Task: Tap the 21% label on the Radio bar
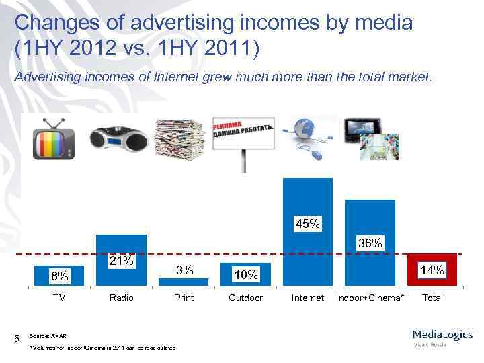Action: tap(122, 260)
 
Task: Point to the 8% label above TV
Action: tap(59, 276)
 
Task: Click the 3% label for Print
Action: tap(184, 270)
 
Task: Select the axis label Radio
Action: tap(122, 298)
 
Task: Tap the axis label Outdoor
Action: tap(245, 298)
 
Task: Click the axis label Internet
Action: tap(308, 298)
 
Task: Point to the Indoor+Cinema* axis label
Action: tap(370, 298)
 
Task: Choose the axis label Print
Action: tap(184, 298)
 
